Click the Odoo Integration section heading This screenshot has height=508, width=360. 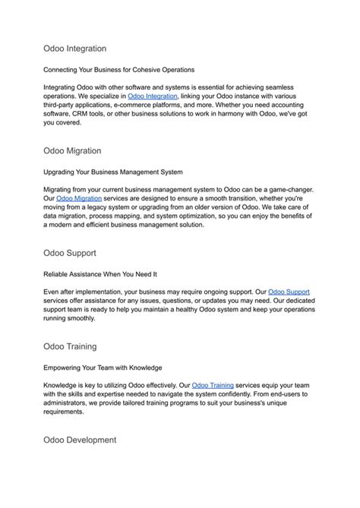[74, 48]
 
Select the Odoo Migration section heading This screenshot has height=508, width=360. [72, 151]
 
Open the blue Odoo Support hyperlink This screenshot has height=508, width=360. [289, 291]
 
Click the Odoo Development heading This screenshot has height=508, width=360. [80, 440]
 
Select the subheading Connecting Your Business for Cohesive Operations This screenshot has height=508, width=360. [119, 69]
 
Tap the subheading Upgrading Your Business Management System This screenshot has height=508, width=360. [113, 171]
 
